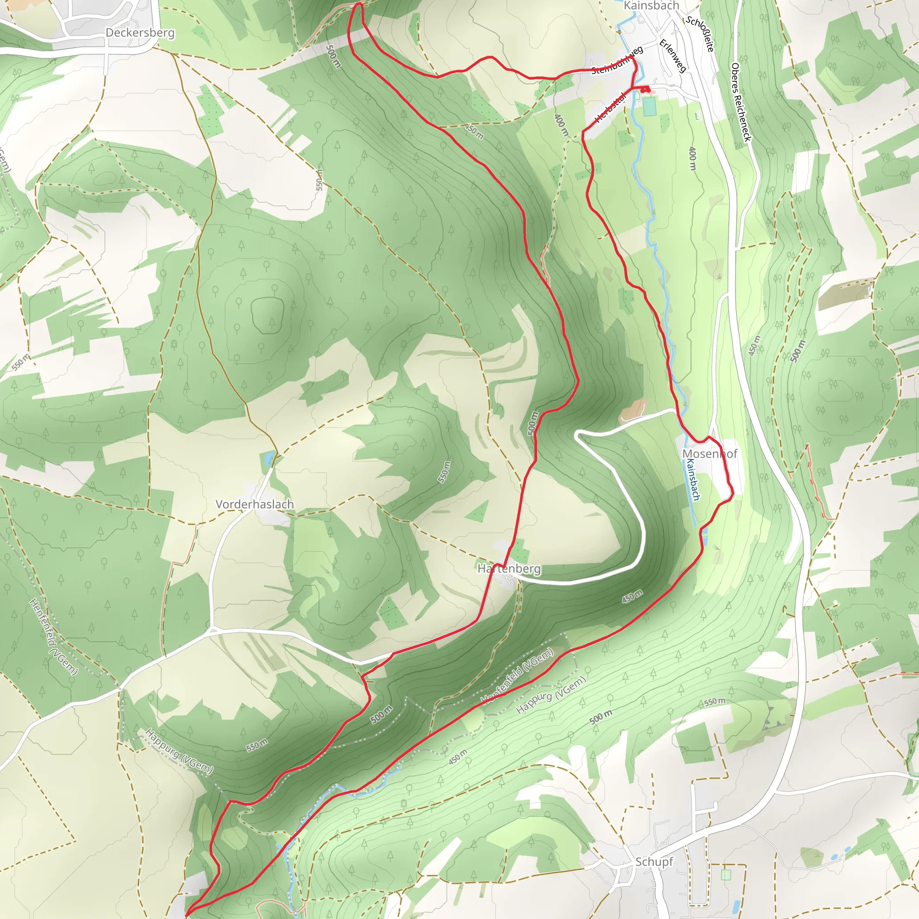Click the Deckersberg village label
(x=140, y=33)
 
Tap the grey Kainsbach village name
(x=651, y=6)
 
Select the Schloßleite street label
(x=700, y=34)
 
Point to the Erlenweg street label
(x=673, y=56)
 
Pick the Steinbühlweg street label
(x=617, y=61)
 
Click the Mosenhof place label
(x=710, y=454)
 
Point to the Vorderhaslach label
(x=254, y=504)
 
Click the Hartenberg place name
(x=509, y=569)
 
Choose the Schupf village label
(x=654, y=862)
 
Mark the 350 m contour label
(x=474, y=132)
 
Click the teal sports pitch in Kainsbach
(x=649, y=106)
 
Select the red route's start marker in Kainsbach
(x=645, y=88)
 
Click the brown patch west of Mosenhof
(x=633, y=411)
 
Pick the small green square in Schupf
(x=726, y=875)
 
